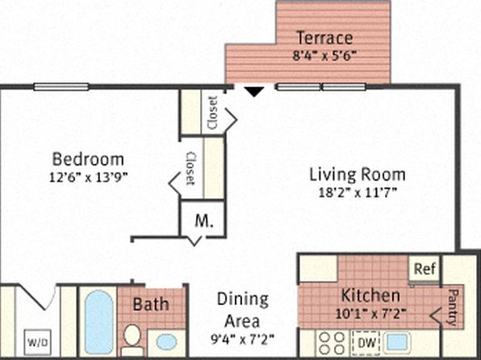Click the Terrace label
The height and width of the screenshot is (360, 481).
click(x=324, y=38)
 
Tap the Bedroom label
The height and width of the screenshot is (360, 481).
click(x=89, y=158)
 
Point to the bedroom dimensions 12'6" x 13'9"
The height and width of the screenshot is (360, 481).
click(x=89, y=174)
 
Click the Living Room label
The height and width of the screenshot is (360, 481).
click(x=358, y=174)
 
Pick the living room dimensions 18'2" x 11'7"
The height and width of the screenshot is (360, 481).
click(x=358, y=191)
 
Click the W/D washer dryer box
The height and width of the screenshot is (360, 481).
click(x=37, y=339)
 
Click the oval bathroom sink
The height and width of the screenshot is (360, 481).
click(x=166, y=341)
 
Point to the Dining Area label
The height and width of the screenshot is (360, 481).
click(x=242, y=308)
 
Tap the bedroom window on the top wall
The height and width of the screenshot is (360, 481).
click(x=61, y=87)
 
